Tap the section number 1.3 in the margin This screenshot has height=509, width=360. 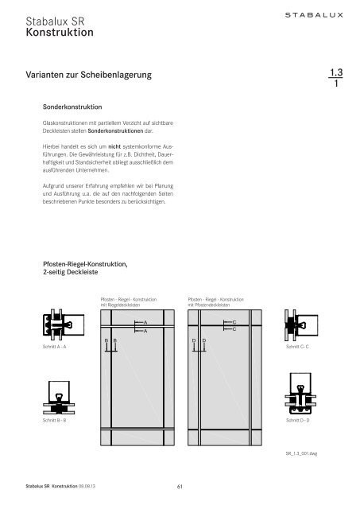tap(334, 73)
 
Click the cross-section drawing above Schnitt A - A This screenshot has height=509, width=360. tap(55, 327)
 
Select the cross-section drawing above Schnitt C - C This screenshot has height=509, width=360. tap(297, 326)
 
